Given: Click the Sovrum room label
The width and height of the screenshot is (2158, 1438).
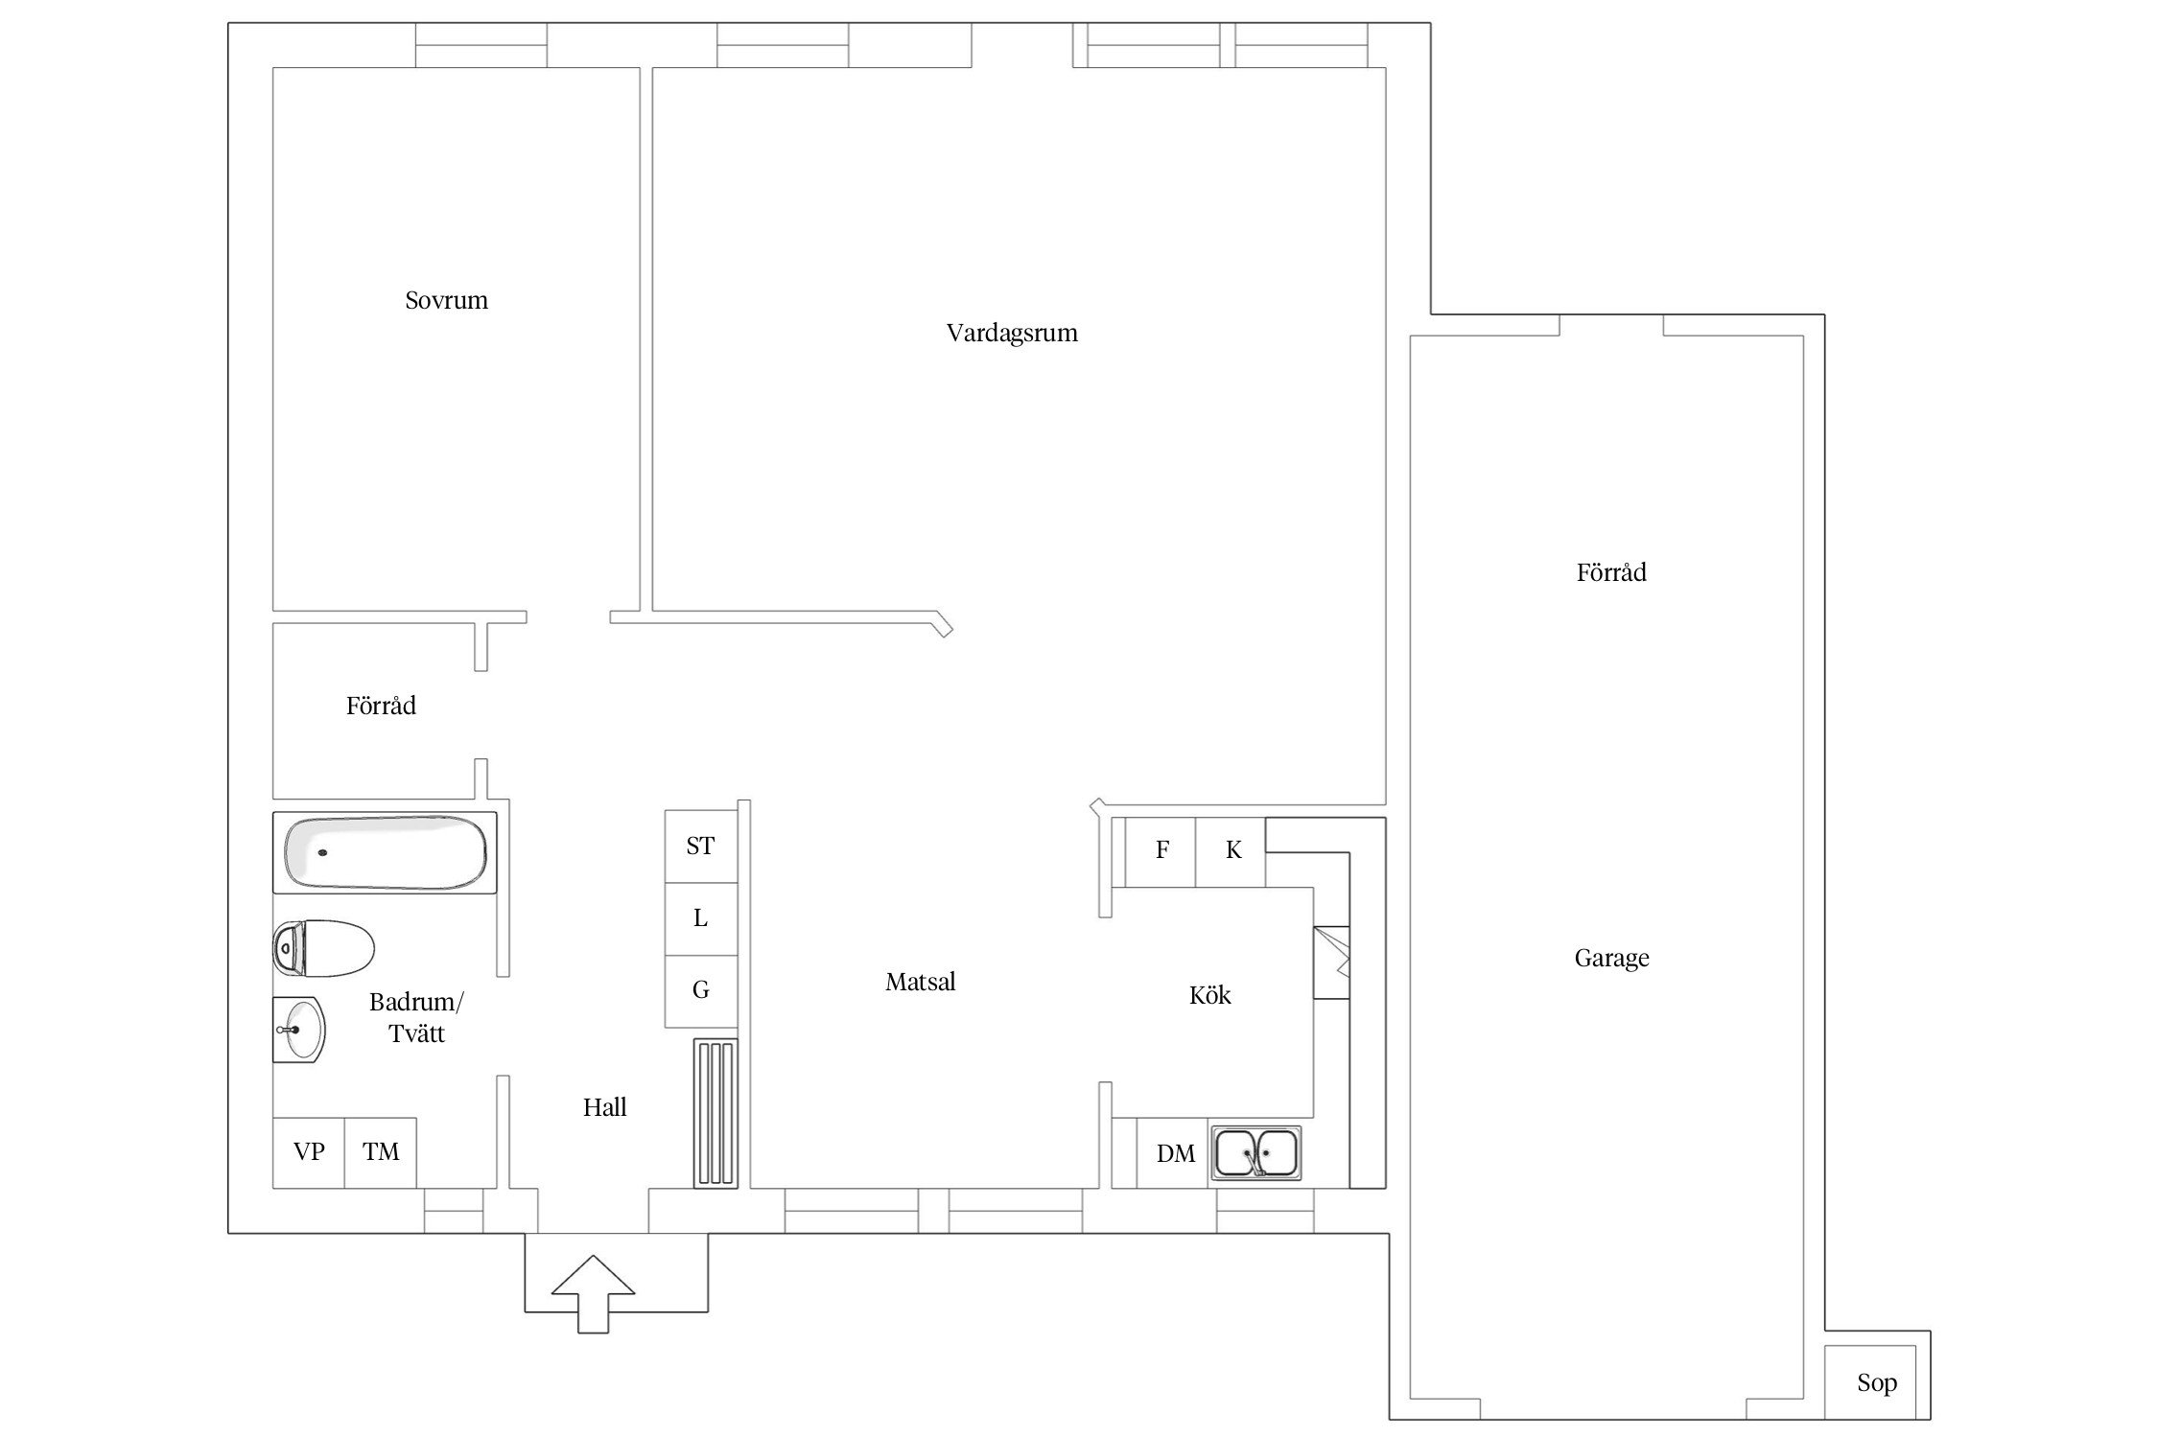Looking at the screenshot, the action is click(446, 300).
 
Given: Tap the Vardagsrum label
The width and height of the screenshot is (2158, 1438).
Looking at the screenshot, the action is click(1012, 334).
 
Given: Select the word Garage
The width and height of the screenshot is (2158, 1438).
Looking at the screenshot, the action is click(1611, 959).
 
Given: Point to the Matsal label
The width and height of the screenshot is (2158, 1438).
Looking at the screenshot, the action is click(921, 982).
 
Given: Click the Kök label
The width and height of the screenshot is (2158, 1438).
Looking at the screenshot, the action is click(1209, 995).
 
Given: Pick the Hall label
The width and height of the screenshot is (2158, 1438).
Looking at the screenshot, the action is click(604, 1107).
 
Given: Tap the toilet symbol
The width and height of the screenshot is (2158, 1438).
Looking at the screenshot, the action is click(323, 948).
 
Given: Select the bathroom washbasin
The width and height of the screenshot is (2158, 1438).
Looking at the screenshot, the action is click(299, 1030).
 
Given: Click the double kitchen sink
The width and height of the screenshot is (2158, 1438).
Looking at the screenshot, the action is click(1256, 1152).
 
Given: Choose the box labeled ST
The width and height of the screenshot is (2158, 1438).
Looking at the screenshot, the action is click(701, 847).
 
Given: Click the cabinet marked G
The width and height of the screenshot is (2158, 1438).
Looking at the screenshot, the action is click(701, 991).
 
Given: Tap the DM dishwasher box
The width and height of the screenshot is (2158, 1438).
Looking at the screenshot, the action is click(1172, 1153).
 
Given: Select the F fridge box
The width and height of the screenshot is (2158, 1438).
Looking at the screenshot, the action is click(1161, 851).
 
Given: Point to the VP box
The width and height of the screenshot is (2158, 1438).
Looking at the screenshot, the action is click(309, 1152).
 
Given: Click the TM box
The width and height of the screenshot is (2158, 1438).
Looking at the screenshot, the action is click(381, 1152).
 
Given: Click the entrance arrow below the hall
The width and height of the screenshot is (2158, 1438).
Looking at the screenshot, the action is click(594, 1293).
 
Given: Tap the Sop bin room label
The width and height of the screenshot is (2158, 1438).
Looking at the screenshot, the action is click(1877, 1382).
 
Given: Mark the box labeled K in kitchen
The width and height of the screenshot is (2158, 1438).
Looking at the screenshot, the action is click(1231, 851).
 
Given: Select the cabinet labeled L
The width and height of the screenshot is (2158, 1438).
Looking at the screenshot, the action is click(701, 918).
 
